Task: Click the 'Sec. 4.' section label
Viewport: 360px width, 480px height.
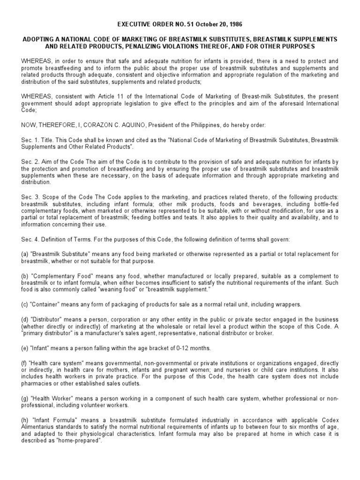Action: [30, 239]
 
